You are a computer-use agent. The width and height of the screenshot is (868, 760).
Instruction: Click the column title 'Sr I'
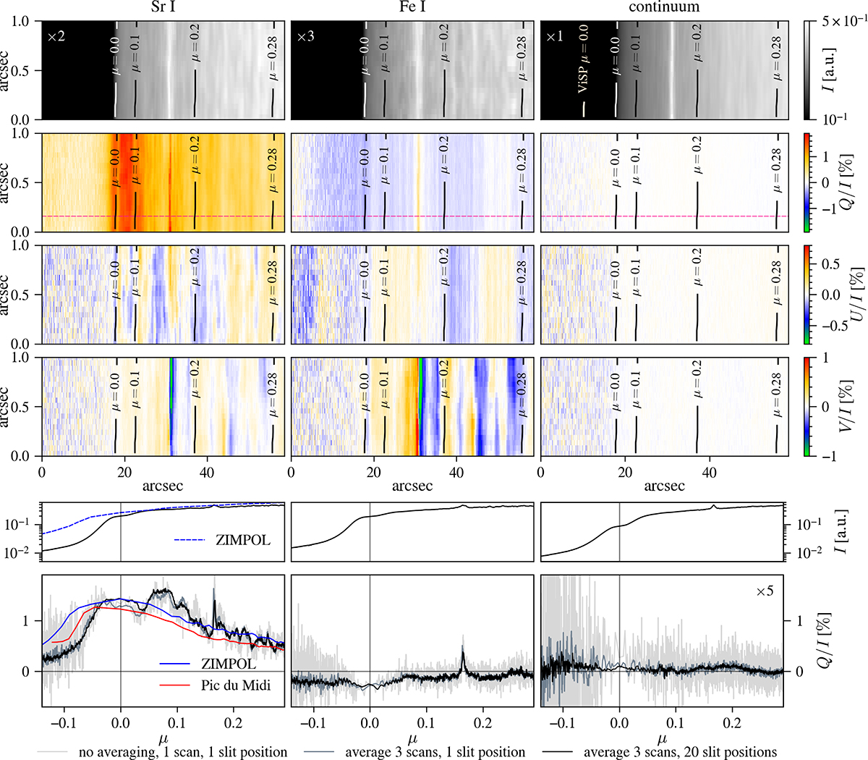[162, 8]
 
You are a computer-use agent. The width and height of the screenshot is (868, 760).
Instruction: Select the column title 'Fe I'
[412, 8]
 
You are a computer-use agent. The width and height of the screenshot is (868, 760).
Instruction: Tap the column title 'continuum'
[664, 8]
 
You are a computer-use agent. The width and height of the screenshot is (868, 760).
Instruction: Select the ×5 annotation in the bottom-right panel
[765, 591]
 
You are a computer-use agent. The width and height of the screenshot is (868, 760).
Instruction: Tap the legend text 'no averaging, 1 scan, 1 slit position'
[182, 752]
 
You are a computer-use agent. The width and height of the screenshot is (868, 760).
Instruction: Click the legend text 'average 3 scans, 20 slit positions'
[680, 752]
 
